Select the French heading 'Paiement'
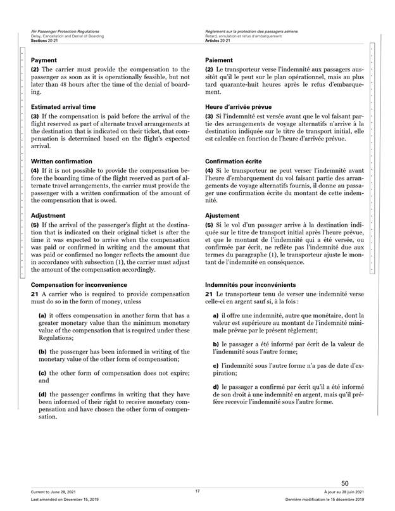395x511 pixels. coord(219,60)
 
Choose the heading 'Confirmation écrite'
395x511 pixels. coord(234,161)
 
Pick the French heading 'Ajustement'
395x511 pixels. coord(223,215)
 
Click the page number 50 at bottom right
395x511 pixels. coord(344,483)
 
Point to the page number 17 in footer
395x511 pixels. coord(197,491)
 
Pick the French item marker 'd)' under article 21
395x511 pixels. coord(216,386)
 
